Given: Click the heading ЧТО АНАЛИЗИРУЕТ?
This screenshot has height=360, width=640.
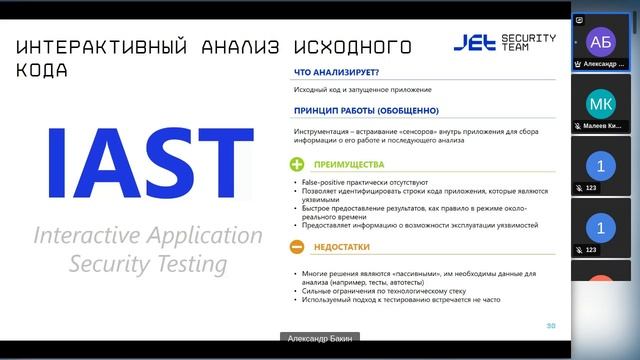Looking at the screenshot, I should pyautogui.click(x=335, y=72).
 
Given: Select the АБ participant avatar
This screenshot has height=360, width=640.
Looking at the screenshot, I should pyautogui.click(x=600, y=42).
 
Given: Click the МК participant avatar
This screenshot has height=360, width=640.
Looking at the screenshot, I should pyautogui.click(x=600, y=104).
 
